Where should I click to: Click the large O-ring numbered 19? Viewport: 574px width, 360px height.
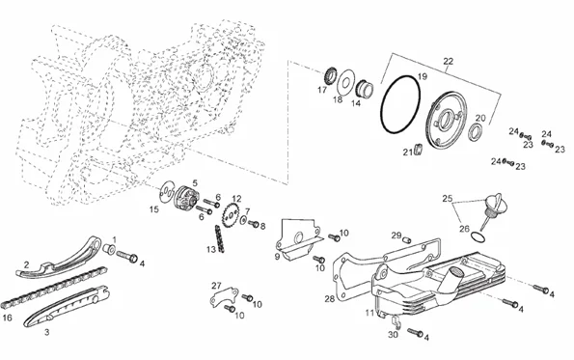(x=382, y=110)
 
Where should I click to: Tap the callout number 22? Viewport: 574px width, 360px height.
(x=448, y=61)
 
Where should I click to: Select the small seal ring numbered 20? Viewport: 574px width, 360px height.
(x=476, y=132)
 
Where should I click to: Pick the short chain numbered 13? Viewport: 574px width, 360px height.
(x=219, y=238)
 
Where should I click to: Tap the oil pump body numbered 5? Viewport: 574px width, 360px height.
(x=185, y=198)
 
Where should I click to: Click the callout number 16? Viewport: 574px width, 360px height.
(x=8, y=318)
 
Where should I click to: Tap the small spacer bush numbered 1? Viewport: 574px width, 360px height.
(x=109, y=249)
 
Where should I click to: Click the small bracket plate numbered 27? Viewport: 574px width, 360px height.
(x=224, y=296)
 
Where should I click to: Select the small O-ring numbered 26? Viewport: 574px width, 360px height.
(x=478, y=237)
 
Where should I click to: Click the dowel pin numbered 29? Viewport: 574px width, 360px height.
(x=407, y=240)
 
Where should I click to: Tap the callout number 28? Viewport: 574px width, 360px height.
(x=330, y=299)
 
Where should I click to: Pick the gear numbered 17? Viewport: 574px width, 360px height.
(x=330, y=76)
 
